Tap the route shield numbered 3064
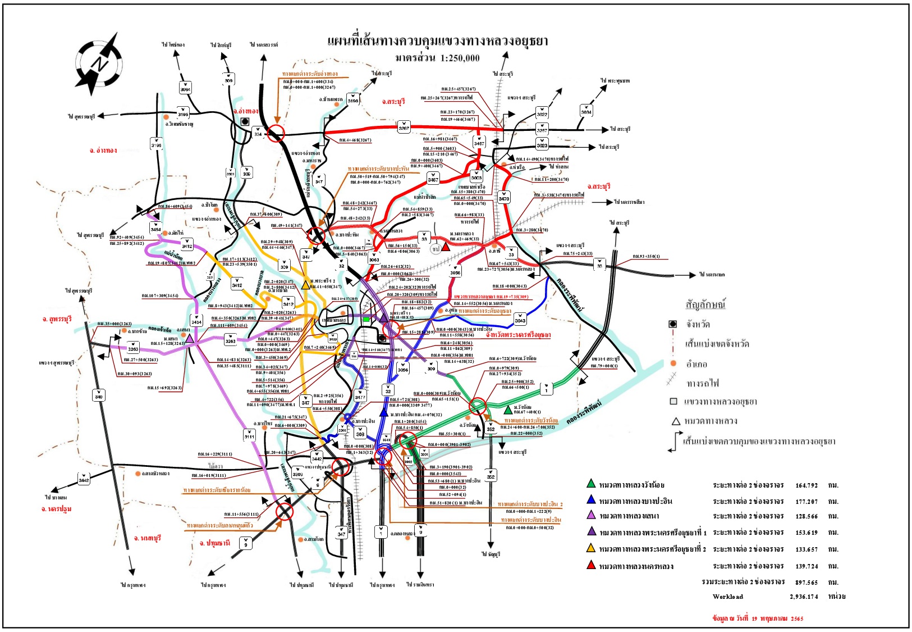pos(185,88)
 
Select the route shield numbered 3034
pos(586,111)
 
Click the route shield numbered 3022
pos(542,113)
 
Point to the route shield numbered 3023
pos(542,144)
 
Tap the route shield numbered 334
pos(258,133)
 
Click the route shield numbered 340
pos(99,395)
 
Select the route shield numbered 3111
pos(249,435)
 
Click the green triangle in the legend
pos(591,484)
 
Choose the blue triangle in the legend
pos(591,500)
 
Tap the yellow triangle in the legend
pos(591,548)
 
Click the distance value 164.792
pos(806,485)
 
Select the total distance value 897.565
pos(806,583)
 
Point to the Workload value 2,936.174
pos(804,597)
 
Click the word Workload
pos(728,597)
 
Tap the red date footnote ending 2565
pos(758,619)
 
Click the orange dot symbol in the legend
pos(673,363)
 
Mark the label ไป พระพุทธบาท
pos(615,81)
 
